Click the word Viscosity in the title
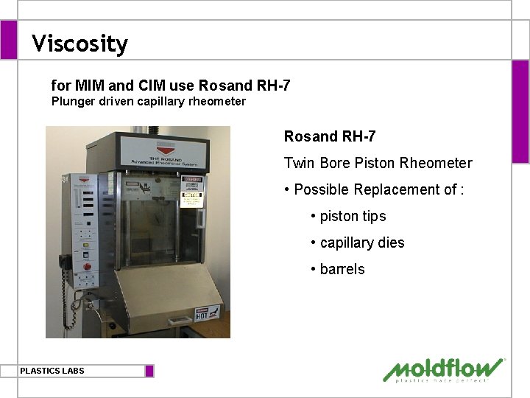(79, 44)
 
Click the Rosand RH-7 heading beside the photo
(330, 136)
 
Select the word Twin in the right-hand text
(298, 163)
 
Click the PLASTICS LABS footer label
(52, 371)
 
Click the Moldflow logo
(443, 369)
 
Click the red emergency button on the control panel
(87, 267)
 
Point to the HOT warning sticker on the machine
(208, 313)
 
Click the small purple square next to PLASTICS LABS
(149, 371)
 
